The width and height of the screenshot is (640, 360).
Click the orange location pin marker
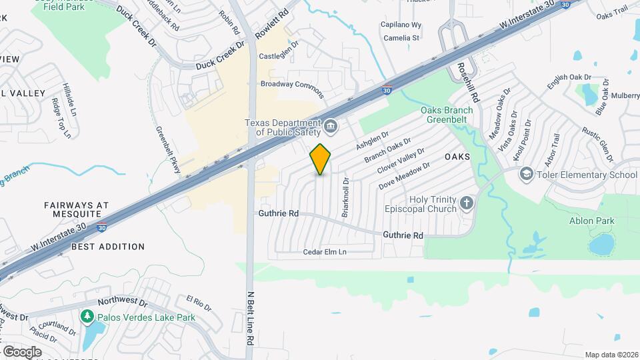tap(321, 159)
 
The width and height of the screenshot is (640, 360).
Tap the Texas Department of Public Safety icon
tap(331, 125)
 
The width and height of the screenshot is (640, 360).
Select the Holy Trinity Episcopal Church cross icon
tap(466, 203)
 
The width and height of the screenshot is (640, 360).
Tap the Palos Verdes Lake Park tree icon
tap(86, 316)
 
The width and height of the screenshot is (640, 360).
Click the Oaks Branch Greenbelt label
tap(447, 115)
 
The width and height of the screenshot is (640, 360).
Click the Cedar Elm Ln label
tap(325, 252)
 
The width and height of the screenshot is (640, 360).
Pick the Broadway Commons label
tap(291, 85)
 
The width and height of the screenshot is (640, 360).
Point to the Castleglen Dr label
tap(278, 56)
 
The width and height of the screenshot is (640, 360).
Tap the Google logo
tap(22, 351)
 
